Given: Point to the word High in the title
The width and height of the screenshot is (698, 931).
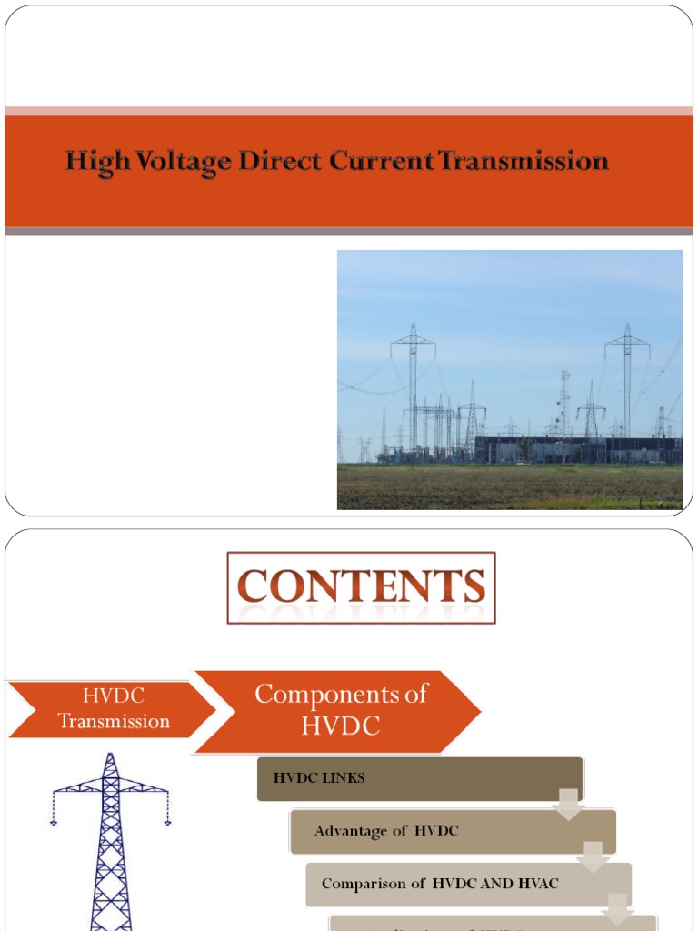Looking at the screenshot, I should [x=92, y=162].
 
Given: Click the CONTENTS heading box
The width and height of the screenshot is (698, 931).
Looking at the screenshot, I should [x=361, y=587].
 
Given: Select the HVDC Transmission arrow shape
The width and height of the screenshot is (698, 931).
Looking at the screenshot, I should [x=109, y=708].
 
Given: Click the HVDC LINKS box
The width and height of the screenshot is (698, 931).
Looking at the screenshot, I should [x=419, y=779].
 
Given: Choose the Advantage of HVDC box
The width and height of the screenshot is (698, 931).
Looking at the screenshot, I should [x=452, y=831].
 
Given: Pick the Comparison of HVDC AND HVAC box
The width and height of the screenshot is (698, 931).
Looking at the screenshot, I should [x=467, y=884].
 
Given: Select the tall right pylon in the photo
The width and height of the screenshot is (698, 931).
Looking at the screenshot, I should [x=627, y=382].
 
